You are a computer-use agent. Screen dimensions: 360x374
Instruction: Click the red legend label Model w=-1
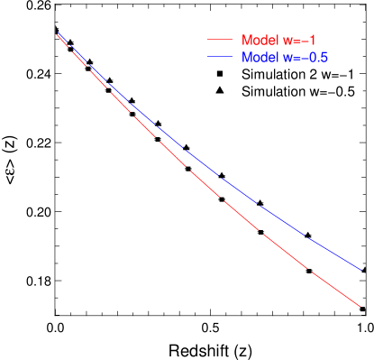pyautogui.click(x=278, y=41)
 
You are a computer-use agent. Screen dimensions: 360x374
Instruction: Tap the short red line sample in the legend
pyautogui.click(x=220, y=41)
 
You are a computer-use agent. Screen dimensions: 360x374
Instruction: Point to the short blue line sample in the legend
pyautogui.click(x=220, y=58)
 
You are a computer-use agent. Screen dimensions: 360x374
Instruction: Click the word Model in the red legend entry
pyautogui.click(x=259, y=41)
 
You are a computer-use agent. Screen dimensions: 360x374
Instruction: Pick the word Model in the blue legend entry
pyautogui.click(x=259, y=58)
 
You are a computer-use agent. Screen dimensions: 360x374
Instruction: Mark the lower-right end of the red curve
pyautogui.click(x=360, y=306)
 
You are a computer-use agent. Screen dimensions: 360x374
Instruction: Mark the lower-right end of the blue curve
pyautogui.click(x=360, y=268)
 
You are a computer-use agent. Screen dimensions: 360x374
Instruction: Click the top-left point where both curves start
pyautogui.click(x=57, y=33)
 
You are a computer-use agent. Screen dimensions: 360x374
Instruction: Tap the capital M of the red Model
pyautogui.click(x=246, y=41)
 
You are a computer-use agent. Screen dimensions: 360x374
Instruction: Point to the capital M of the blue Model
pyautogui.click(x=246, y=58)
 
